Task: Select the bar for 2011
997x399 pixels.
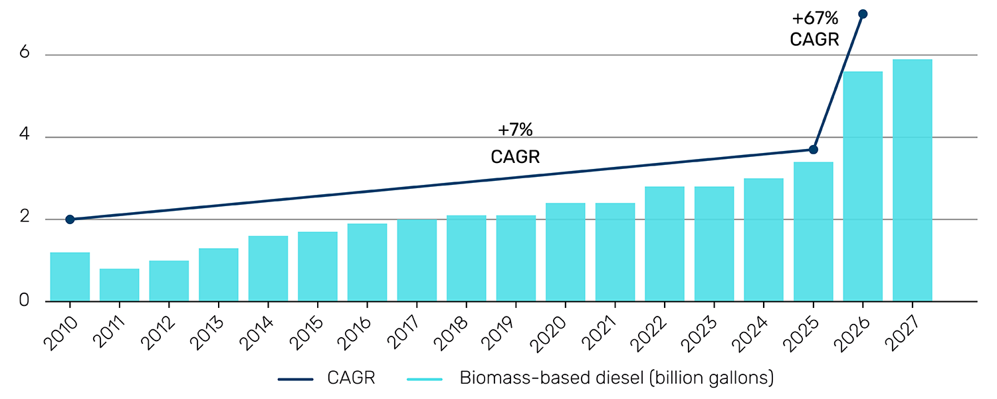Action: pos(119,285)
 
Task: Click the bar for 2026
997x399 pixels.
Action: pos(863,186)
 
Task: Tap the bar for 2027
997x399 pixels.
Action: pos(912,180)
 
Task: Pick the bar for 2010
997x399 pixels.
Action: pos(70,277)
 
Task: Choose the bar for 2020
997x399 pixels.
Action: pos(566,252)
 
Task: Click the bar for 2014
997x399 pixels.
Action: pos(268,269)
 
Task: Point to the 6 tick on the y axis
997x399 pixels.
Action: pos(25,55)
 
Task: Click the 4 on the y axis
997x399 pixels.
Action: pos(25,137)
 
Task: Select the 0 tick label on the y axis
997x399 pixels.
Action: pos(25,301)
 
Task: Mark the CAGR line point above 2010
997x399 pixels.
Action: pos(70,219)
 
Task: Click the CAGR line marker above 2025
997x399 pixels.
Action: pos(814,150)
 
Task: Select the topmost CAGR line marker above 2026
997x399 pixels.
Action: pos(863,14)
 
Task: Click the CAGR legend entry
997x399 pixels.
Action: pos(327,379)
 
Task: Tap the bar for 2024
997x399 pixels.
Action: pos(764,239)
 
